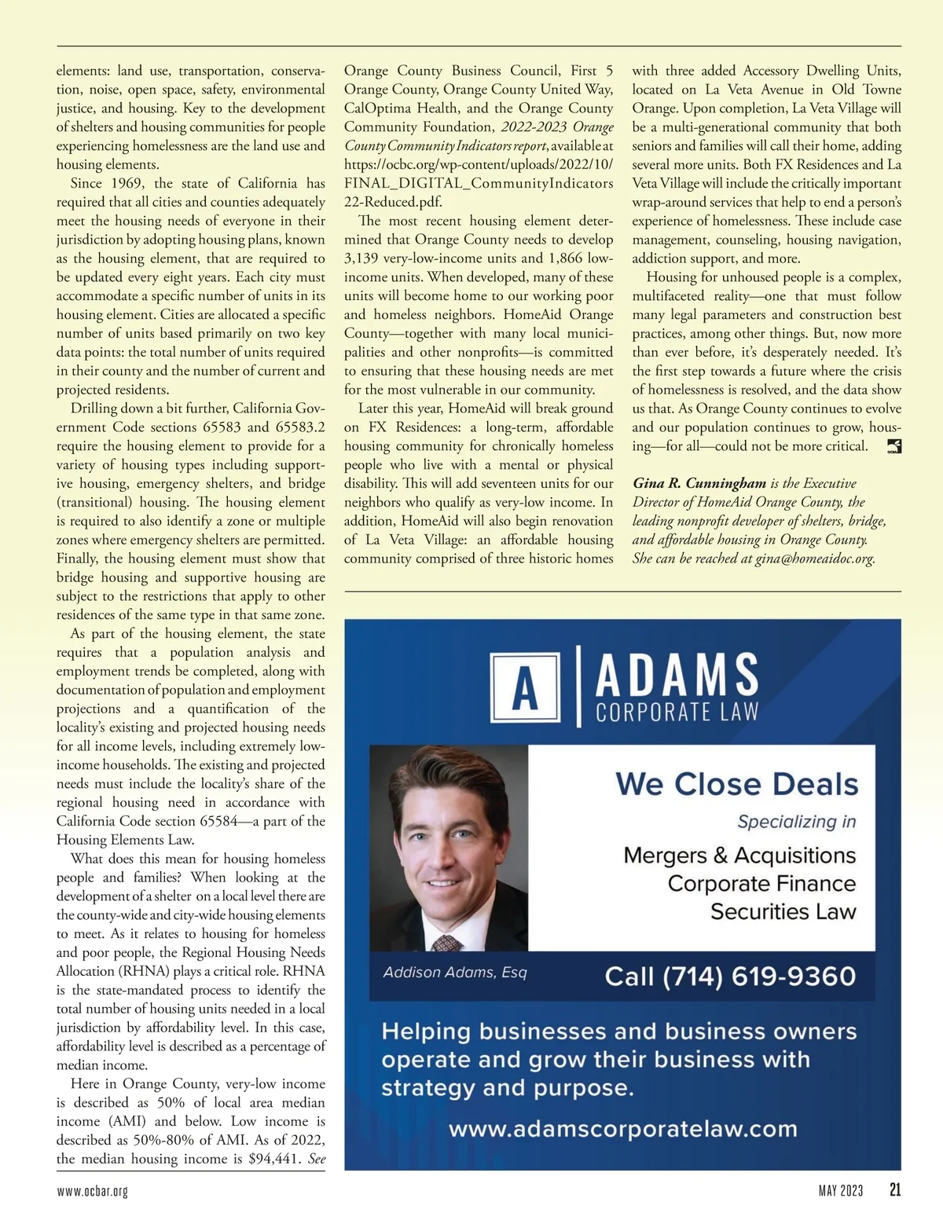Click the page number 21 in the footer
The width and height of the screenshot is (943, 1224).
(x=895, y=1190)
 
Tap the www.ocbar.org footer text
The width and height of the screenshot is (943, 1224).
(x=92, y=1191)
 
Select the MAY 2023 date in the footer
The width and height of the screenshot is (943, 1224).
(x=840, y=1191)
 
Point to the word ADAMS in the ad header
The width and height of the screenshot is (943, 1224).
(x=677, y=675)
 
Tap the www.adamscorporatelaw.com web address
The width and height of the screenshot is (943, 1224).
(x=622, y=1130)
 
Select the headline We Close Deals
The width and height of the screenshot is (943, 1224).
(x=736, y=784)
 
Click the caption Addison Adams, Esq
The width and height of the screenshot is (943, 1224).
(x=455, y=973)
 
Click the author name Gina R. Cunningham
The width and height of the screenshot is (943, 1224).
(x=699, y=483)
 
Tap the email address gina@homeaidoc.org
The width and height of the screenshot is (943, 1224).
(x=815, y=559)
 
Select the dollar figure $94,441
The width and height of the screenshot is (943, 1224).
(x=273, y=1159)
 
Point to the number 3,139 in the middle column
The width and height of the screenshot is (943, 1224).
(x=362, y=258)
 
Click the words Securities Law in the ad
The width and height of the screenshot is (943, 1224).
(x=783, y=911)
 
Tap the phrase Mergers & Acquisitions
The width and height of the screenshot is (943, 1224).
(x=739, y=855)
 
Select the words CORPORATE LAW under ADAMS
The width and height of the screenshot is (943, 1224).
(x=677, y=713)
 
